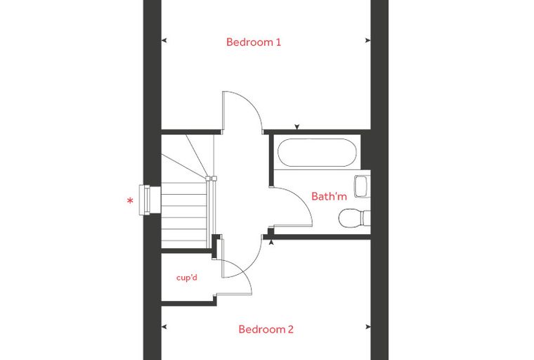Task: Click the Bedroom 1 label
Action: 254,42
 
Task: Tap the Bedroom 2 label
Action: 266,329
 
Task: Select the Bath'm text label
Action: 329,196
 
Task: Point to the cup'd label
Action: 187,278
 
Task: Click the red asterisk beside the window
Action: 130,201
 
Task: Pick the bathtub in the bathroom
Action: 317,153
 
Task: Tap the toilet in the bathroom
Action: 355,218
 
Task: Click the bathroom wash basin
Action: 362,186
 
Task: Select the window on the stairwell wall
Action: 150,200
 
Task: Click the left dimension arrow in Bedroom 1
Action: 164,41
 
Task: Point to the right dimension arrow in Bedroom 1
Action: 367,41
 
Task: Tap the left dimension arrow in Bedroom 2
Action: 164,327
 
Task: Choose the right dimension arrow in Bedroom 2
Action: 367,327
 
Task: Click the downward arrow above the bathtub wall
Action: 297,127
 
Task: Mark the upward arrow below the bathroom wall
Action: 271,243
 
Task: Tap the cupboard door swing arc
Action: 245,272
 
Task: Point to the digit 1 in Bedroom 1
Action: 278,42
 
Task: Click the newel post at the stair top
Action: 208,179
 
